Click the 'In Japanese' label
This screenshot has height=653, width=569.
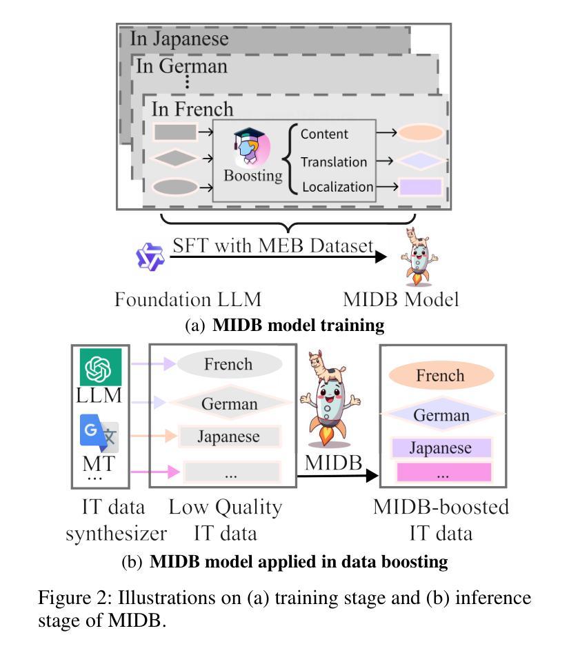[179, 39]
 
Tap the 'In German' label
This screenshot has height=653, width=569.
[181, 66]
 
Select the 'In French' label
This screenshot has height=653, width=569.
[192, 109]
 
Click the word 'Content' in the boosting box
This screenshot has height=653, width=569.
[324, 134]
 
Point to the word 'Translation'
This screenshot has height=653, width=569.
[334, 161]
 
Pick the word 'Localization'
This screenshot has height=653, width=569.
[338, 187]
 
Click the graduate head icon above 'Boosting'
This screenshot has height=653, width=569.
[252, 146]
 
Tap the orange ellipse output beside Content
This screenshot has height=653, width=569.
[420, 133]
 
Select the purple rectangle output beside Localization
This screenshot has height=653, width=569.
[420, 187]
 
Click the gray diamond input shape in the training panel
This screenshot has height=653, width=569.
[175, 159]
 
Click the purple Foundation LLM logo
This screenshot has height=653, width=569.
[150, 257]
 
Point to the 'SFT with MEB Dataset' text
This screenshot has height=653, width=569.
[273, 245]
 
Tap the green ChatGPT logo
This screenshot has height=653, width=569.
[101, 368]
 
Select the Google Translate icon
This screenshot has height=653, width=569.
[99, 433]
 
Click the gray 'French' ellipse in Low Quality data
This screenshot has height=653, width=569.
[230, 364]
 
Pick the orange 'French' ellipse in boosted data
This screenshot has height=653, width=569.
[441, 375]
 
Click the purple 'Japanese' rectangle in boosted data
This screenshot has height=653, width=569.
[441, 448]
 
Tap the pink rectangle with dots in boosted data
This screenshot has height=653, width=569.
[443, 472]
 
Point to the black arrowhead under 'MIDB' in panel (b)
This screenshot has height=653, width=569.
[372, 475]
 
